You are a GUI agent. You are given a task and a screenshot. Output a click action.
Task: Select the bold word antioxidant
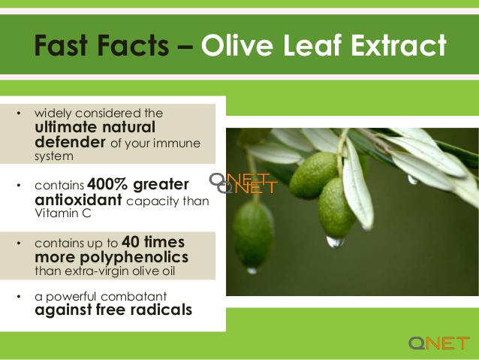click(79, 200)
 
